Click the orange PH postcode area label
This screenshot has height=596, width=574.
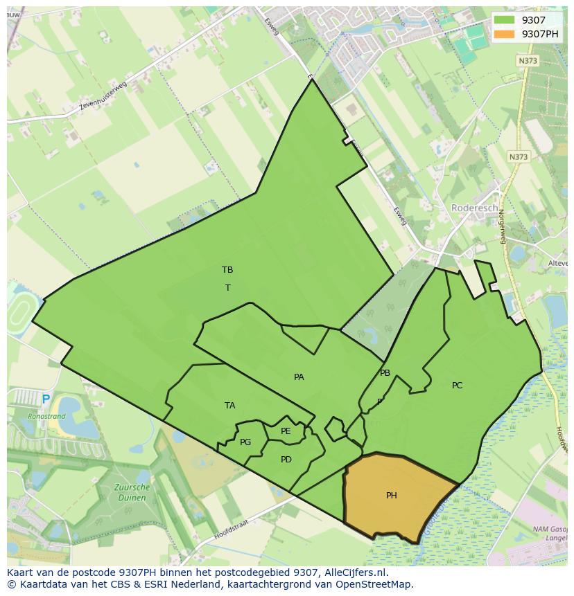point(392,495)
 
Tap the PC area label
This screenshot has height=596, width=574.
point(457,386)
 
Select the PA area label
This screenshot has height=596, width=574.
point(299,377)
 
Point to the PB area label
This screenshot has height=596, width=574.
point(385,373)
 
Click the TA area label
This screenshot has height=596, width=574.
point(230,406)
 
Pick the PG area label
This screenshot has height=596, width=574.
point(245,442)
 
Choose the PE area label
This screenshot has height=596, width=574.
point(286,431)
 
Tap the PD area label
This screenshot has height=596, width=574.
point(286,460)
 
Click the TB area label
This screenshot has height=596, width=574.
point(227,270)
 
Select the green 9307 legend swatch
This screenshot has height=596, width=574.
point(504,20)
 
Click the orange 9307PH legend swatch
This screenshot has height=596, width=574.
point(504,34)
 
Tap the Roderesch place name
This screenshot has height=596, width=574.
point(474,208)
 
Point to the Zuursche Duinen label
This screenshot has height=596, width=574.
point(131,492)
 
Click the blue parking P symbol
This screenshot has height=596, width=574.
point(46,399)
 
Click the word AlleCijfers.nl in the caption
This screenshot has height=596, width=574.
point(356,572)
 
